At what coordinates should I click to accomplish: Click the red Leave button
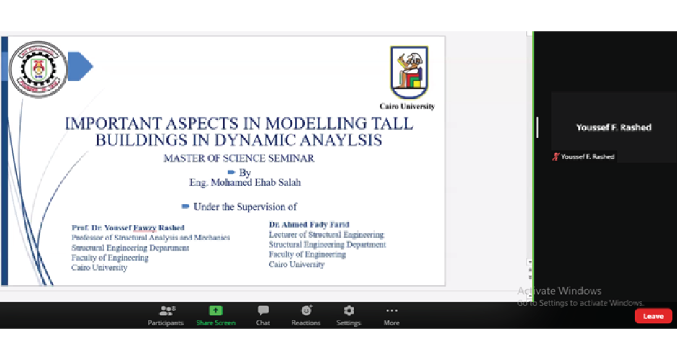[653, 316]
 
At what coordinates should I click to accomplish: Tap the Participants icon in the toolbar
[167, 310]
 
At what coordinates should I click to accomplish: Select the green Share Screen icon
[215, 310]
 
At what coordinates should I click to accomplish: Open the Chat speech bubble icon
[263, 310]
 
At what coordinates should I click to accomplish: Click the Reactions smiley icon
[306, 310]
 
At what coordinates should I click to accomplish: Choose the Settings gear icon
[349, 310]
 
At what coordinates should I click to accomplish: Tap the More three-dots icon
[392, 310]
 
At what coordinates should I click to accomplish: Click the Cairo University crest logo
[409, 72]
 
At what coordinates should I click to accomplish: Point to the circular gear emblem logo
[38, 69]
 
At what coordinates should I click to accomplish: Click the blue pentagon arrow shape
[81, 66]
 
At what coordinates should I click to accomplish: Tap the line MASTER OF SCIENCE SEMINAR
[239, 158]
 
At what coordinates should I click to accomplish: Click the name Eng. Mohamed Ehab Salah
[245, 183]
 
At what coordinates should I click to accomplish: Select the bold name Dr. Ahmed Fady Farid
[309, 225]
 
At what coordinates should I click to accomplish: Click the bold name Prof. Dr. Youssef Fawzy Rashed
[127, 228]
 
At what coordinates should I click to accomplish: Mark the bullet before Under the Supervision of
[186, 207]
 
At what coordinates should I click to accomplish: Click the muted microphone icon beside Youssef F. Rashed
[556, 157]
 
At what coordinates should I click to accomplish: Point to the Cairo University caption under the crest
[407, 106]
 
